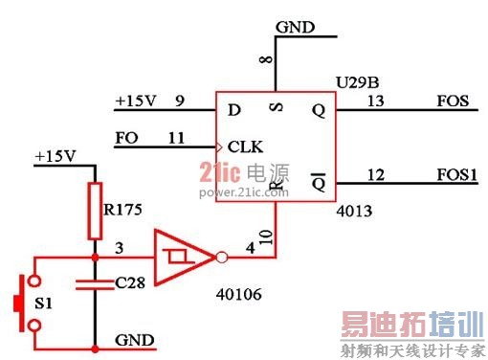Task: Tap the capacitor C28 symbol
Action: (95, 283)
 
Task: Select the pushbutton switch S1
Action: (25, 304)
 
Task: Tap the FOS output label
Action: (453, 100)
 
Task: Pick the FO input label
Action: (125, 137)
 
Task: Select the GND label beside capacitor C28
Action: (134, 339)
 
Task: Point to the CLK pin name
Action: (245, 146)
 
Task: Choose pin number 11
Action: (176, 137)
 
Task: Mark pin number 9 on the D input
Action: (179, 100)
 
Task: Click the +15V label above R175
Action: (55, 155)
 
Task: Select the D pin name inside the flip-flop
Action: (233, 109)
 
